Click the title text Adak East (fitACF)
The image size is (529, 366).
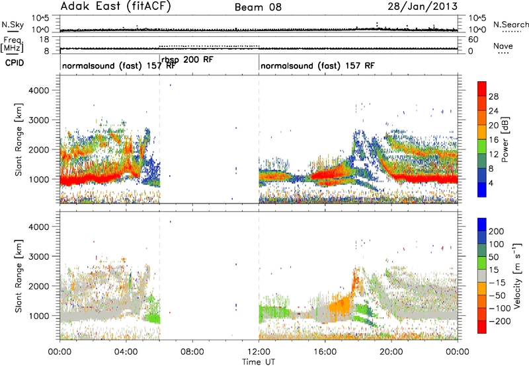point(116,7)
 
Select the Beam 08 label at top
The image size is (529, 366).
point(258,7)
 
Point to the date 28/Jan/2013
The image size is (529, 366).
point(423,7)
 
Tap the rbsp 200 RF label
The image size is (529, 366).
point(187,59)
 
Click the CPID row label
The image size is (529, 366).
point(15,63)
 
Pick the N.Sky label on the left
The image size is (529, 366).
point(13,24)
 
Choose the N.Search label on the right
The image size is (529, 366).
point(510,24)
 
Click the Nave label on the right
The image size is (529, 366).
point(503,46)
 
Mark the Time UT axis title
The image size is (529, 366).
point(259,362)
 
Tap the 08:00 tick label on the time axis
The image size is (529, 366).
point(192,352)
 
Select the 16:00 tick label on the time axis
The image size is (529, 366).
point(325,352)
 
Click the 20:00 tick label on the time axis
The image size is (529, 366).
point(391,352)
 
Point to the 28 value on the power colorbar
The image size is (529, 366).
point(493,96)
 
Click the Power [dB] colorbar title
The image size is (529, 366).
point(505,139)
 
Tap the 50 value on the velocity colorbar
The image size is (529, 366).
point(493,257)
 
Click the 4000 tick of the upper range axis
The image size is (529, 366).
point(39,91)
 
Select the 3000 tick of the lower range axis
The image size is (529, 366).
point(39,256)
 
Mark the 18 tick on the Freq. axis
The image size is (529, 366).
point(45,40)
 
